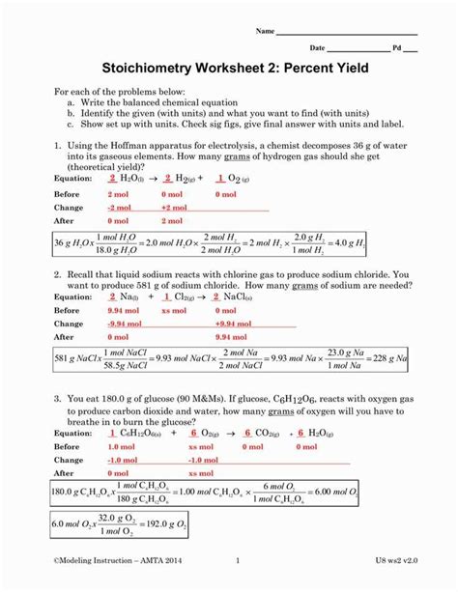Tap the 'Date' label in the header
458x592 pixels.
coord(317,47)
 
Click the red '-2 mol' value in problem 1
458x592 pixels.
coord(124,208)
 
